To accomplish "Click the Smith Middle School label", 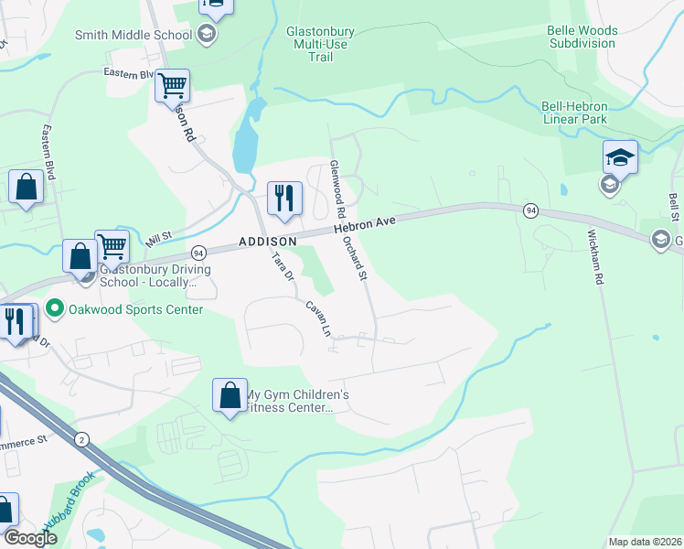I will [x=134, y=35].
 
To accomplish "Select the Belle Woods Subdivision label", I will [x=582, y=37].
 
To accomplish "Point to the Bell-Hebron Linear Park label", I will [x=572, y=113].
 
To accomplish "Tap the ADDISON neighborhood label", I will [x=267, y=241].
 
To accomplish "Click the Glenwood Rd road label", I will [x=337, y=183].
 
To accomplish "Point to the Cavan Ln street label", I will [x=317, y=319].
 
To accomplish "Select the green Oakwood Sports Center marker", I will [x=54, y=309].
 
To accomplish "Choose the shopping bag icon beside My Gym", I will [x=230, y=395].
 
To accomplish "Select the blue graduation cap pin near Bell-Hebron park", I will [x=620, y=156].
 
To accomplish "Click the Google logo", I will [x=30, y=537].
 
